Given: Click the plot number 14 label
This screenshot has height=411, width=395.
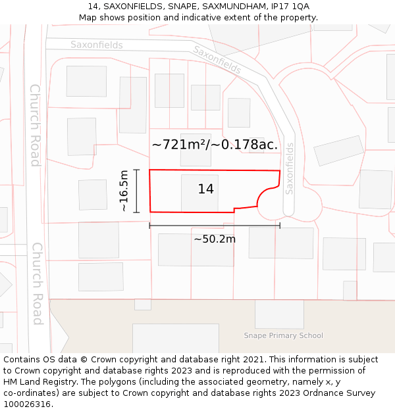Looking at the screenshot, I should click(205, 189).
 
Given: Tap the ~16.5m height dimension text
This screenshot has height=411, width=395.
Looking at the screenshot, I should click(124, 191).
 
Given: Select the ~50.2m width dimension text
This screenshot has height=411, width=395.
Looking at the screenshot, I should click(215, 239).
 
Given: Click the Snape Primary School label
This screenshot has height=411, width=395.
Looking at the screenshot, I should click(283, 335).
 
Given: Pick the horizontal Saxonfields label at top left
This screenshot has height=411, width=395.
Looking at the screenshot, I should click(97, 45).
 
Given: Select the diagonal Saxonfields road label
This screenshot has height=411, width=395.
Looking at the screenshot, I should click(217, 59).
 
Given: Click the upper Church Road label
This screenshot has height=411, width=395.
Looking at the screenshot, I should click(35, 125).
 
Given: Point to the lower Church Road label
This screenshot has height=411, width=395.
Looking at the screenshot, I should click(38, 283).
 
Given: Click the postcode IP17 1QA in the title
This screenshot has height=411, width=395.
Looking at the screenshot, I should click(291, 7).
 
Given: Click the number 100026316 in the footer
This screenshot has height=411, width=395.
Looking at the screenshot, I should click(26, 404).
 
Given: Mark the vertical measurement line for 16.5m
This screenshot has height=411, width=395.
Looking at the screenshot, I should click(137, 191).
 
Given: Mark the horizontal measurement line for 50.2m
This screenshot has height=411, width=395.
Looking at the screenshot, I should click(215, 226).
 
